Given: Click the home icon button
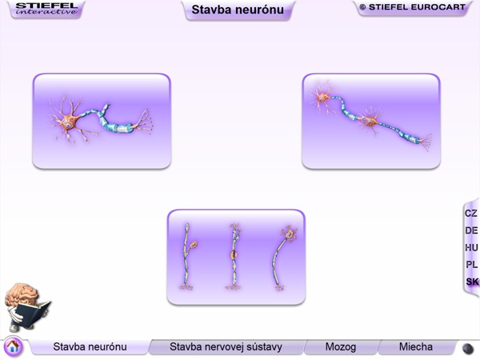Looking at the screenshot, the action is [13, 346].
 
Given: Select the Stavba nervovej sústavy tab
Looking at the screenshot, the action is [226, 347].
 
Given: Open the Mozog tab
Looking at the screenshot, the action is [341, 347].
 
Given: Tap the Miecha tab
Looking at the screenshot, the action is [416, 347].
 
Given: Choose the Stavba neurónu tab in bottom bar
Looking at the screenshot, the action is [90, 347].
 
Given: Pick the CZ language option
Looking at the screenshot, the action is [471, 214].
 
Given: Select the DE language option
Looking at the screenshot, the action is [471, 230].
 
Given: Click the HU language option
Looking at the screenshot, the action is [471, 247].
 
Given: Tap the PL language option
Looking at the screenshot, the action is [471, 264].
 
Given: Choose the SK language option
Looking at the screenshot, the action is [472, 282].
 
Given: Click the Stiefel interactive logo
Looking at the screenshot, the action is [46, 9].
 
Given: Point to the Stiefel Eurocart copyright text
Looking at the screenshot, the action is [412, 7].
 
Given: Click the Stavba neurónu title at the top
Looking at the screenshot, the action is [238, 10].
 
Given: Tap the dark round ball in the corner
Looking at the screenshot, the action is [467, 349].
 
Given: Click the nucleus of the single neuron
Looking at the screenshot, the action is [68, 126].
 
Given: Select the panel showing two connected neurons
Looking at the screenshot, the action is [371, 122].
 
